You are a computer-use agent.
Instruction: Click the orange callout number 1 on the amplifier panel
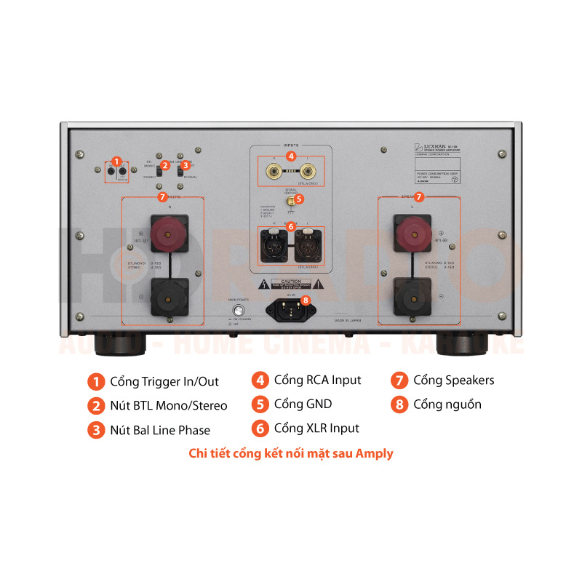tap(116, 160)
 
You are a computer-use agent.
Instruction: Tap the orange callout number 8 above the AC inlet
tap(306, 300)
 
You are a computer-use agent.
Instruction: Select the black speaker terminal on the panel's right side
tap(411, 295)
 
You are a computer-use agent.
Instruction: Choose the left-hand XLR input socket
tap(273, 242)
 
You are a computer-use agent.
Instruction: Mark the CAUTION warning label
tap(290, 284)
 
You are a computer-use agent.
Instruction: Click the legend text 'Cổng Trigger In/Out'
tap(164, 381)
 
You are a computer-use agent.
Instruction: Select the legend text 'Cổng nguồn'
tap(447, 404)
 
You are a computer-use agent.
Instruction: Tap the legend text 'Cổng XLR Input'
tap(316, 428)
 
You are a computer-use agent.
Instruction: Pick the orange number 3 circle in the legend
tap(96, 430)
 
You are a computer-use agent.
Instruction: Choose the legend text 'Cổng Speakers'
tap(453, 380)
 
